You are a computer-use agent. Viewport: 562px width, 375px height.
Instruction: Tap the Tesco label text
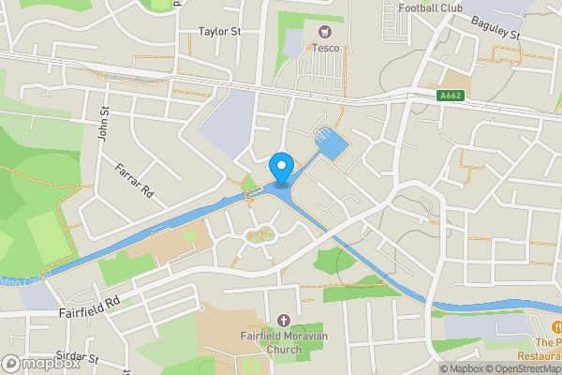click(x=326, y=49)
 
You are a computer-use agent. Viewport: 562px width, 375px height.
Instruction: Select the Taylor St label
click(x=220, y=31)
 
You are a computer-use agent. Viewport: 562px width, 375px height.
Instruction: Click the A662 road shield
click(x=451, y=95)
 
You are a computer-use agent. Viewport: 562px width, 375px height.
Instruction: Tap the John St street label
click(x=104, y=123)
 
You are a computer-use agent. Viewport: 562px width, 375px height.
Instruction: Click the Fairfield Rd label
click(x=88, y=303)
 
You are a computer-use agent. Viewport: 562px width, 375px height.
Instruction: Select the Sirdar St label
click(x=76, y=358)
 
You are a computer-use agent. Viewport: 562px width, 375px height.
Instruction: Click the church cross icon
click(x=283, y=321)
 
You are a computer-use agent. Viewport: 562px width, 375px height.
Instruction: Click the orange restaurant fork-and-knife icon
click(x=556, y=327)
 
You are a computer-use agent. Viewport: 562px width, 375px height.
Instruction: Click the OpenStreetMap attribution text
click(x=523, y=368)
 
